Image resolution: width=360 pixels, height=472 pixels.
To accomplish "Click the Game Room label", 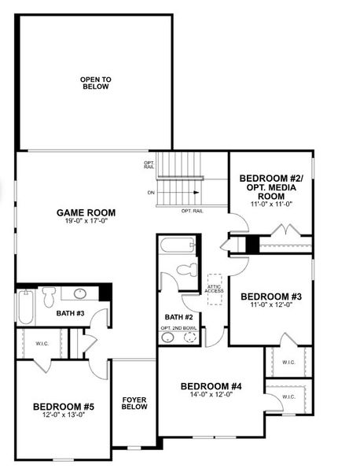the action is click(86, 213).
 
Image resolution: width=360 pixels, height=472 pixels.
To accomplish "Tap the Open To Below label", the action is click(96, 83).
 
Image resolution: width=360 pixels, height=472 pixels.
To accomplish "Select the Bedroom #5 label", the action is click(64, 407).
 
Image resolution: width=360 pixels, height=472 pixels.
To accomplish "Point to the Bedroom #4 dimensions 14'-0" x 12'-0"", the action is click(211, 395).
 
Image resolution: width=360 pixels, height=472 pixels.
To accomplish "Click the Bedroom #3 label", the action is click(271, 297).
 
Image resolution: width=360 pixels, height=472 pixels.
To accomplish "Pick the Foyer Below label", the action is click(134, 404).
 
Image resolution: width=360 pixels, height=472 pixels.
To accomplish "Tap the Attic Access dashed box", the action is click(215, 289).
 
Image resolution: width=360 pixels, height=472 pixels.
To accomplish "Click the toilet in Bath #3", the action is click(49, 297).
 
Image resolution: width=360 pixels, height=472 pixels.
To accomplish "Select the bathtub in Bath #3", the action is click(26, 307).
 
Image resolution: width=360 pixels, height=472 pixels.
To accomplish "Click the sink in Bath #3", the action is click(80, 293).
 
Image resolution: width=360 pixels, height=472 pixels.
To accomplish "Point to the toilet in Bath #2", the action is click(187, 270).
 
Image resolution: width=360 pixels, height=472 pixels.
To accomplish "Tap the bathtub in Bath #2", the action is click(178, 245).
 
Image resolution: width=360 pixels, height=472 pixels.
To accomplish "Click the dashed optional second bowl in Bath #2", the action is click(189, 337).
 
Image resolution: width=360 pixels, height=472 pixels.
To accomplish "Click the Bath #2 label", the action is click(178, 317).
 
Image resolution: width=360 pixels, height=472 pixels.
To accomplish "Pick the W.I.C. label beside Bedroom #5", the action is click(42, 344).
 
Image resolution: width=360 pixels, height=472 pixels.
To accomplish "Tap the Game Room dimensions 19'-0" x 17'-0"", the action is click(86, 220).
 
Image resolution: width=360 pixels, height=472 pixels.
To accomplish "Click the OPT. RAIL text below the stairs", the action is click(193, 212).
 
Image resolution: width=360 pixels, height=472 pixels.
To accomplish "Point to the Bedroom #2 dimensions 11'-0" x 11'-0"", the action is click(272, 205).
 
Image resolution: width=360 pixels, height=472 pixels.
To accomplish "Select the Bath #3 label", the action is click(71, 313).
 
